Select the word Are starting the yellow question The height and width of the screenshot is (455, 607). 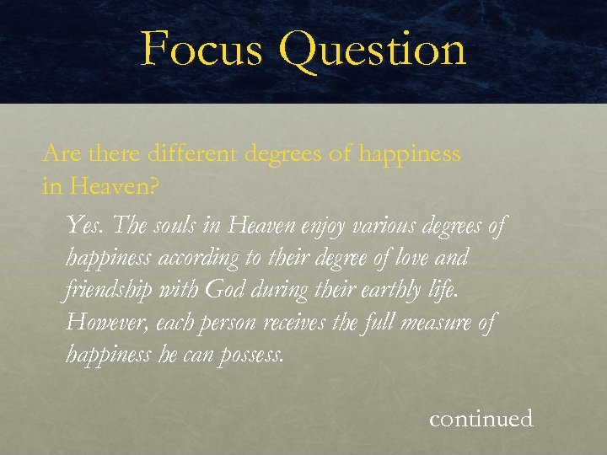(61, 154)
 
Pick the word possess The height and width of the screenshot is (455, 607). (250, 355)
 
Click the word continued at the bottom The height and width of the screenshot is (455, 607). (481, 418)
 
